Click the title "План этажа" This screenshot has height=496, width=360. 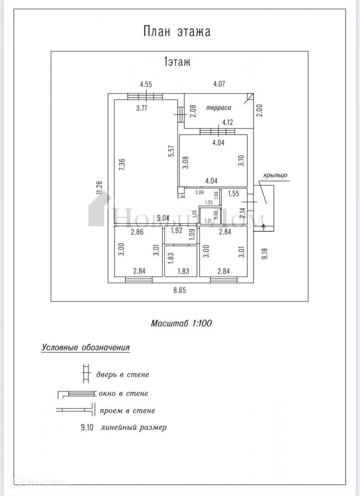pos(177,31)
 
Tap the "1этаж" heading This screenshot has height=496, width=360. pos(177,63)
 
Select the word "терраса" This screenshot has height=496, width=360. pos(218,108)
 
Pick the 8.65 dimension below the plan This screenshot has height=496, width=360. pos(179,290)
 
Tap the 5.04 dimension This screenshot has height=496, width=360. pos(163,218)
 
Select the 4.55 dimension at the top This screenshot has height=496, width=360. pos(146,84)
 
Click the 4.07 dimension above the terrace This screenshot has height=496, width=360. pos(221,84)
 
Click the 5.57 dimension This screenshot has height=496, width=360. pos(170,150)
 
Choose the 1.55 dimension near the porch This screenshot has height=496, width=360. pos(233,194)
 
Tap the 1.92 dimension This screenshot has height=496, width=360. pos(177,231)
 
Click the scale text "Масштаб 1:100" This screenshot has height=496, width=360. pos(181,323)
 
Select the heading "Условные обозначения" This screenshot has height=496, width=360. pos(85,347)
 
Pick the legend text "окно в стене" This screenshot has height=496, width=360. pos(122,393)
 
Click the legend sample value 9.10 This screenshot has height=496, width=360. pos(88,427)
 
